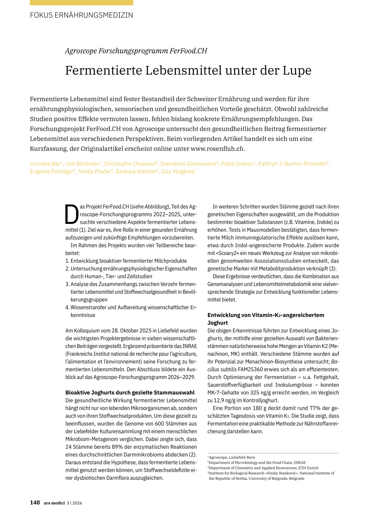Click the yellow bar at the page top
[81, 3]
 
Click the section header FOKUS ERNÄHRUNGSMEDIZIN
[81, 15]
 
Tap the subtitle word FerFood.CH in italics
[188, 51]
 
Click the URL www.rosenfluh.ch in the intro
[217, 149]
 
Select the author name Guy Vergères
[178, 172]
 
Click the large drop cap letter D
[72, 215]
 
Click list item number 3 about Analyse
[131, 292]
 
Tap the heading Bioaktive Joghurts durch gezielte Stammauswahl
[130, 393]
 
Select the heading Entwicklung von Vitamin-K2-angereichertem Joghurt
[266, 319]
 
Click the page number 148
[35, 503]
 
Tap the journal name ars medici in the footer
[54, 503]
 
